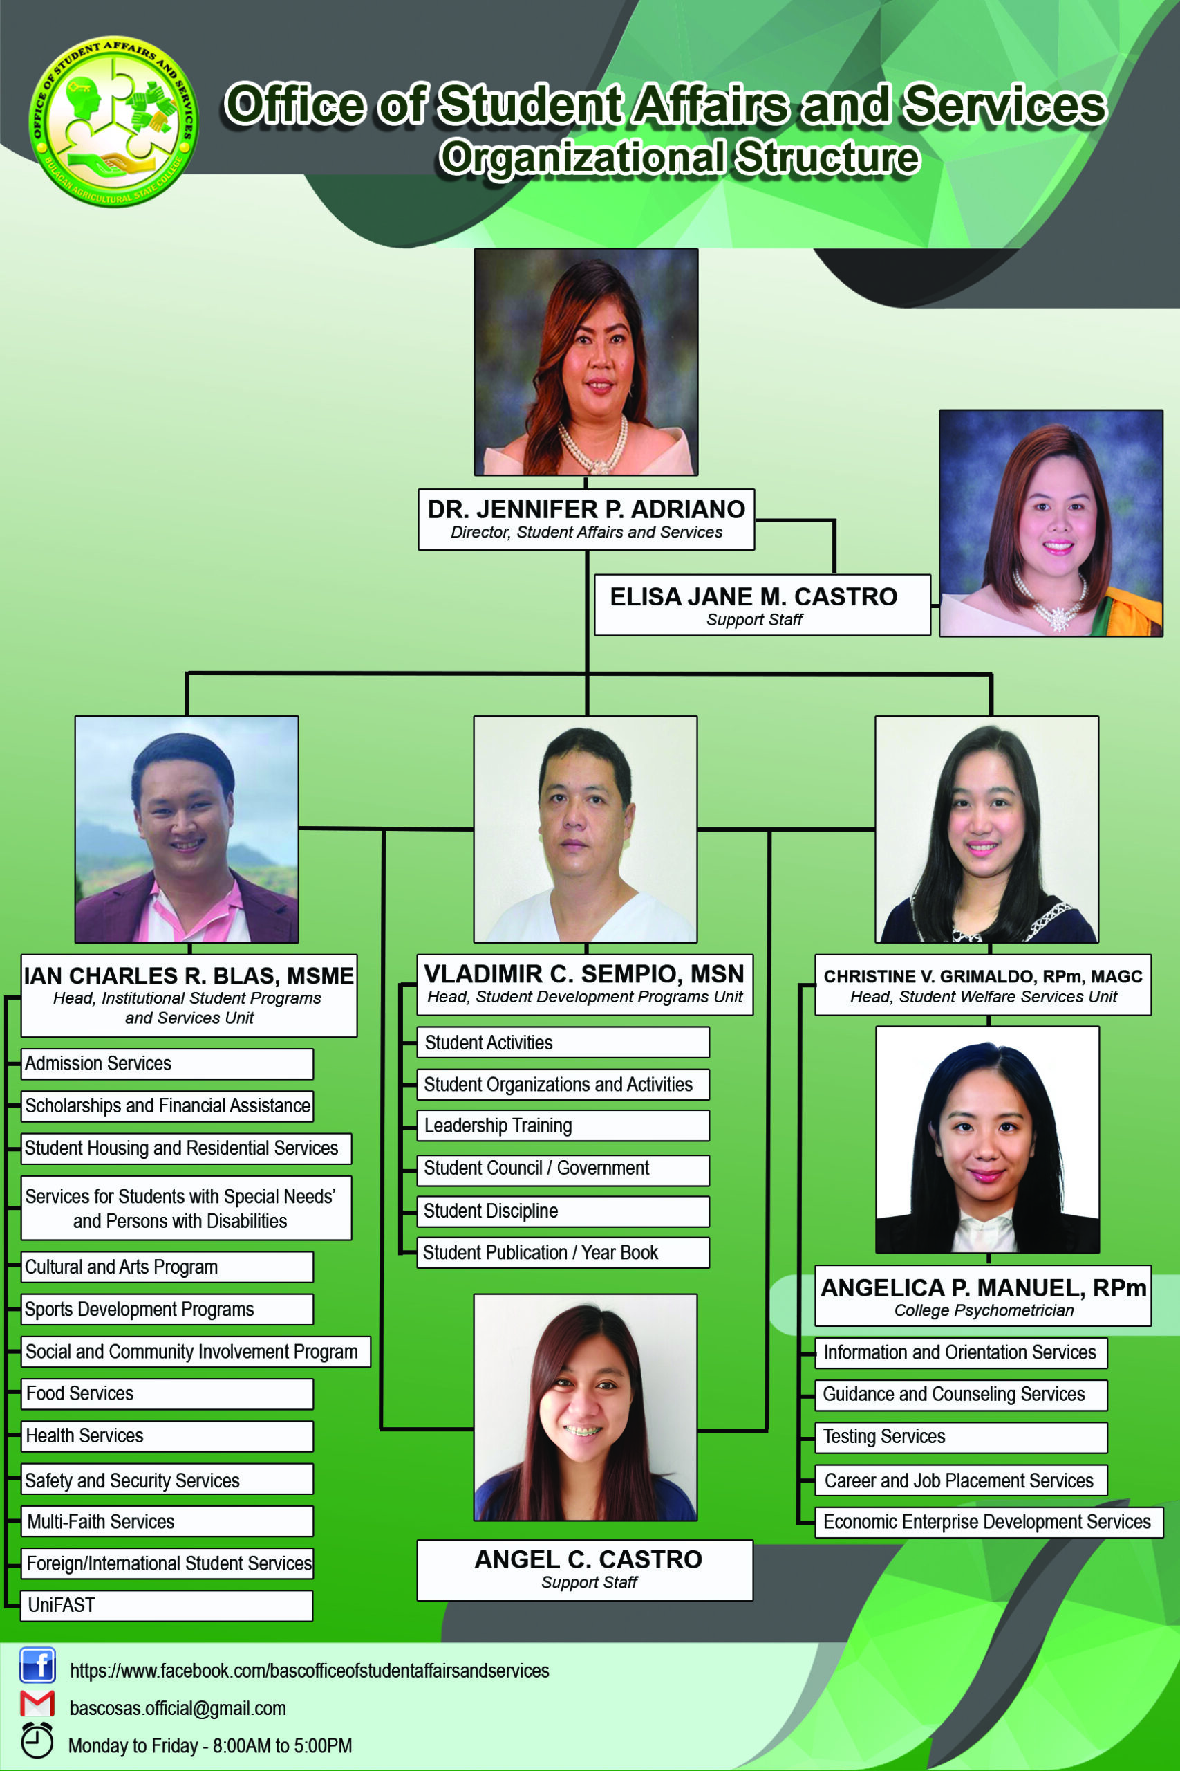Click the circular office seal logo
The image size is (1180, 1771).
tap(113, 121)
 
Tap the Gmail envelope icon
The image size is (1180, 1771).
tap(37, 1704)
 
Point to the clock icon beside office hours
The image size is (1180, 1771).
tap(37, 1740)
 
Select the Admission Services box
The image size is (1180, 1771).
tap(167, 1064)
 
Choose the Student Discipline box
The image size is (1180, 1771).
tap(563, 1211)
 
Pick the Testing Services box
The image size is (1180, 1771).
tap(962, 1438)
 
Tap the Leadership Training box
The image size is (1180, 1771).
tap(563, 1126)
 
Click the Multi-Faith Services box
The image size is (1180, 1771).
tap(167, 1522)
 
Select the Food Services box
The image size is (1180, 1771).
tap(167, 1394)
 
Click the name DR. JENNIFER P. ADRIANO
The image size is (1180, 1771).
tap(586, 509)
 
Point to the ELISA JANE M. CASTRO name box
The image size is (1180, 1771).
tap(762, 605)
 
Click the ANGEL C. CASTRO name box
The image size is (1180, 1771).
tap(586, 1570)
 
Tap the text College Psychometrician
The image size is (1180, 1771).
tap(984, 1310)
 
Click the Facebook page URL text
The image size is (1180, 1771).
tap(309, 1671)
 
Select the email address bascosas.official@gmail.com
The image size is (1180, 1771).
tap(178, 1709)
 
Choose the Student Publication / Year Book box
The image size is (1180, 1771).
tap(563, 1253)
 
